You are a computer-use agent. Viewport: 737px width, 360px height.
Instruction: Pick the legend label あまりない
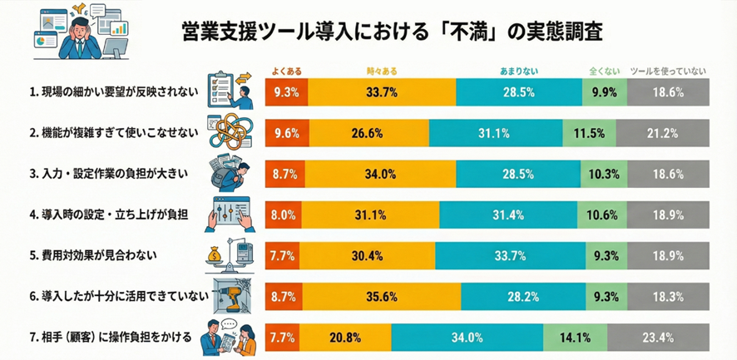click(x=517, y=72)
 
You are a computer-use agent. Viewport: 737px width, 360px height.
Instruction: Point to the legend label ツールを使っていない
click(x=668, y=72)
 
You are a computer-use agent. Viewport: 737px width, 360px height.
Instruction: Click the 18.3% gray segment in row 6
click(x=668, y=297)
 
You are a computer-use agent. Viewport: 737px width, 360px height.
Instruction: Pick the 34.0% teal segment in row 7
click(x=467, y=338)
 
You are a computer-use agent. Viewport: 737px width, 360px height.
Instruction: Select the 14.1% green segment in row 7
click(x=575, y=338)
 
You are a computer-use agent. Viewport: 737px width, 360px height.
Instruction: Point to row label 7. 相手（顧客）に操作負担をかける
click(x=110, y=338)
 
